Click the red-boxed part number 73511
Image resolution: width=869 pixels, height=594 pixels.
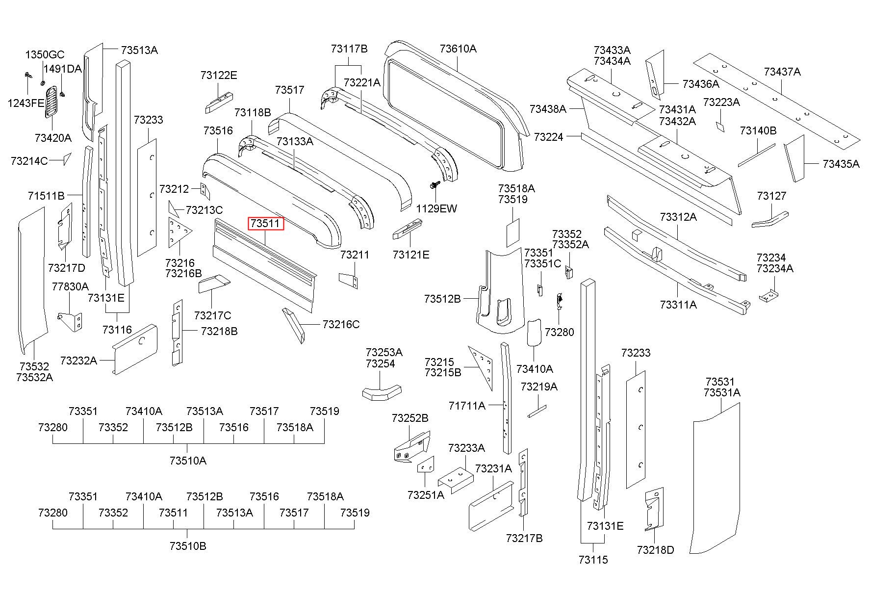pos(266,224)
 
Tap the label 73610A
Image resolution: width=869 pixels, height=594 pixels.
pos(458,49)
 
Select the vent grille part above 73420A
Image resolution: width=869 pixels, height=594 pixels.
pos(51,102)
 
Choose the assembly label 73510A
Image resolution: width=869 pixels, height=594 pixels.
pos(188,461)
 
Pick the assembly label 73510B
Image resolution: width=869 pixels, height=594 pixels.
pos(188,545)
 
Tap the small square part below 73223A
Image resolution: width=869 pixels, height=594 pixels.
pos(719,127)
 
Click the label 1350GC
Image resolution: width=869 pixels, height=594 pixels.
pos(45,54)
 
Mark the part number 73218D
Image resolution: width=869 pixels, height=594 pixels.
pos(655,550)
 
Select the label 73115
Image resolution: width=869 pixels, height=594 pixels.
pos(593,560)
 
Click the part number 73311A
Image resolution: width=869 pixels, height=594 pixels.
pos(678,305)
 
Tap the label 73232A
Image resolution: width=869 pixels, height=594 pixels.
pos(78,361)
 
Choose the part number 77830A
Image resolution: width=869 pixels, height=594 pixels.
pos(70,286)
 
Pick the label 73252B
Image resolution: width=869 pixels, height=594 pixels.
pos(410,418)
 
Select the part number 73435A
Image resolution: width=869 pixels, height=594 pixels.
pos(841,164)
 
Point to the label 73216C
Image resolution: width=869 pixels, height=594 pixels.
pos(341,324)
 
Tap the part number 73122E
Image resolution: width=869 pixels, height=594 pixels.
pos(219,75)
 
